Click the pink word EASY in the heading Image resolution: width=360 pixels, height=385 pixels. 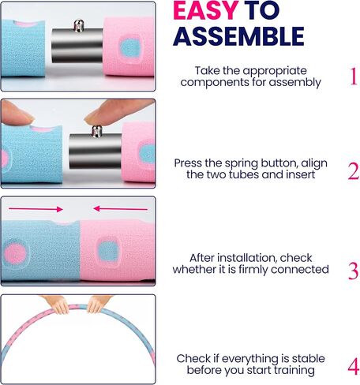[206, 10]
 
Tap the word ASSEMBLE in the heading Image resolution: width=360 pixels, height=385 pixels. [238, 36]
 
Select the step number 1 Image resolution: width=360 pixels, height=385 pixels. [354, 77]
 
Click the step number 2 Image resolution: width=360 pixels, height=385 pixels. [354, 171]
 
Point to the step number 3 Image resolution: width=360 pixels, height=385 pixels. [353, 271]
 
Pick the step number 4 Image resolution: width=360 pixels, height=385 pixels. [354, 366]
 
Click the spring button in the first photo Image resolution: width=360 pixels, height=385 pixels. [79, 25]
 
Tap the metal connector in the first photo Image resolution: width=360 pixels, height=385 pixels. [77, 46]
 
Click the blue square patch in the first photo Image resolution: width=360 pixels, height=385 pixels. [130, 48]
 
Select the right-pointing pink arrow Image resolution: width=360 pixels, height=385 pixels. [36, 209]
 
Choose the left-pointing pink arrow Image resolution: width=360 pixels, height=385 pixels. [121, 209]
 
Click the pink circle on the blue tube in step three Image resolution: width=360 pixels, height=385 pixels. [15, 254]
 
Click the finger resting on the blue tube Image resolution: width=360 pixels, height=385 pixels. [17, 114]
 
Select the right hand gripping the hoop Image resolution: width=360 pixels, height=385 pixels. [97, 303]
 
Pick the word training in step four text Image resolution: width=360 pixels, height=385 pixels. [294, 371]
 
